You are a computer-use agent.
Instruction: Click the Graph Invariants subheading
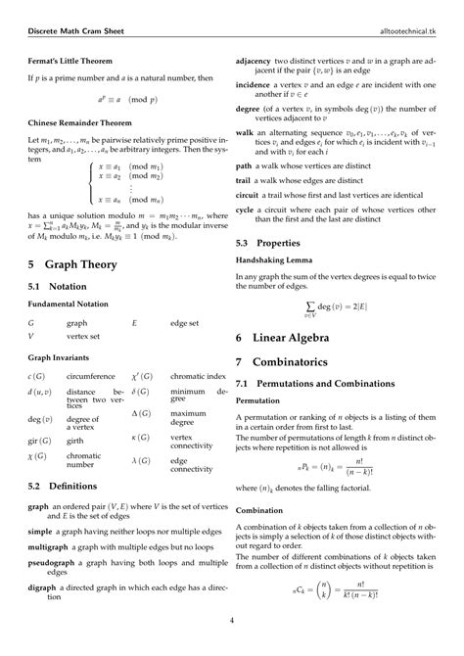59,357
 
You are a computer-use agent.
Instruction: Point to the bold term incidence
257,85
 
